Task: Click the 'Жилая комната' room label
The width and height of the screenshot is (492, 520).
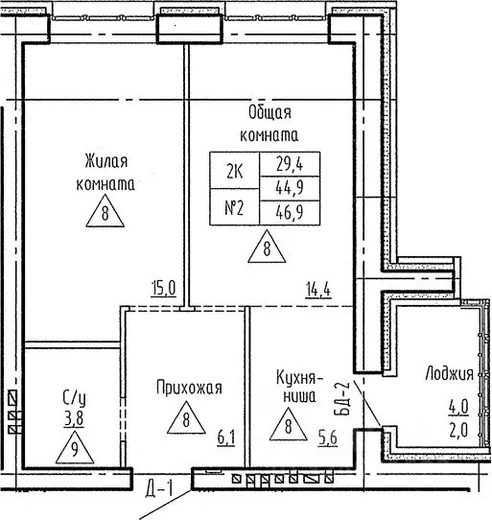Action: [x=105, y=173]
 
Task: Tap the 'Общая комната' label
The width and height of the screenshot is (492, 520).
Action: [x=269, y=124]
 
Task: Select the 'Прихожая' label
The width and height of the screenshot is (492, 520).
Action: [x=189, y=388]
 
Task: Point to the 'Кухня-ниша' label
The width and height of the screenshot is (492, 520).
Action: [x=299, y=387]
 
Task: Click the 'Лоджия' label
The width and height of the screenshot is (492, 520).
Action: [x=450, y=374]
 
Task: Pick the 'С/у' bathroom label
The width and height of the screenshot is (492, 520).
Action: [x=75, y=398]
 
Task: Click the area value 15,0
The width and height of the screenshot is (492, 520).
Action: [x=164, y=289]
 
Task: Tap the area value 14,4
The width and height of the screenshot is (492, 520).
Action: [x=318, y=291]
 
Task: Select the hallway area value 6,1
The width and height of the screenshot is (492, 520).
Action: [x=226, y=438]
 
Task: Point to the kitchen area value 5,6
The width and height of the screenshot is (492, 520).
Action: [x=328, y=438]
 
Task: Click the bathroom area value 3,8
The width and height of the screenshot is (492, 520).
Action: [x=74, y=419]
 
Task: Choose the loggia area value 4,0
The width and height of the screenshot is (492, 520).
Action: [x=458, y=407]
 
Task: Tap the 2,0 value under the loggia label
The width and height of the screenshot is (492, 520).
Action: [x=458, y=431]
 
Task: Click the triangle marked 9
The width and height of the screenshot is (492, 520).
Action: [x=75, y=448]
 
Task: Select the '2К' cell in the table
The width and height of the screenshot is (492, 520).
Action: [x=235, y=171]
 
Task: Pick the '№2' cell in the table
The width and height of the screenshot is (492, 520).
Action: [x=235, y=207]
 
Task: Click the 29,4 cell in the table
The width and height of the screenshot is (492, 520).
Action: [x=290, y=164]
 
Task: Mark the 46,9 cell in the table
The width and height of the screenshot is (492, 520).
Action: [x=290, y=213]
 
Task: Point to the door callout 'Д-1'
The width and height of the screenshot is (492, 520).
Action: [x=159, y=488]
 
